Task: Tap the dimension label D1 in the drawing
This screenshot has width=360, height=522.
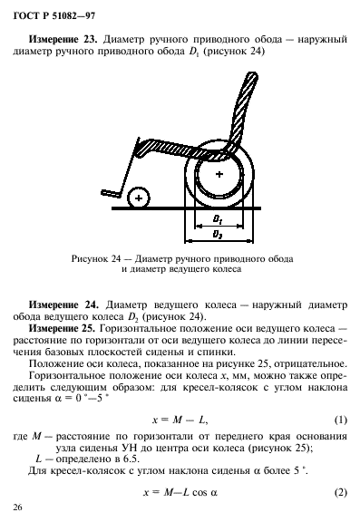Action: coord(218,219)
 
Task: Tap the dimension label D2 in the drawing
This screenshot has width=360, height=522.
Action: coord(218,234)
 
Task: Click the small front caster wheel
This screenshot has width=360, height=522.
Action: coord(138,197)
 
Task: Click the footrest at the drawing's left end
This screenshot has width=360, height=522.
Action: coord(112,191)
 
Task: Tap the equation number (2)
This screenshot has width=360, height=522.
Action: coord(341,492)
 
